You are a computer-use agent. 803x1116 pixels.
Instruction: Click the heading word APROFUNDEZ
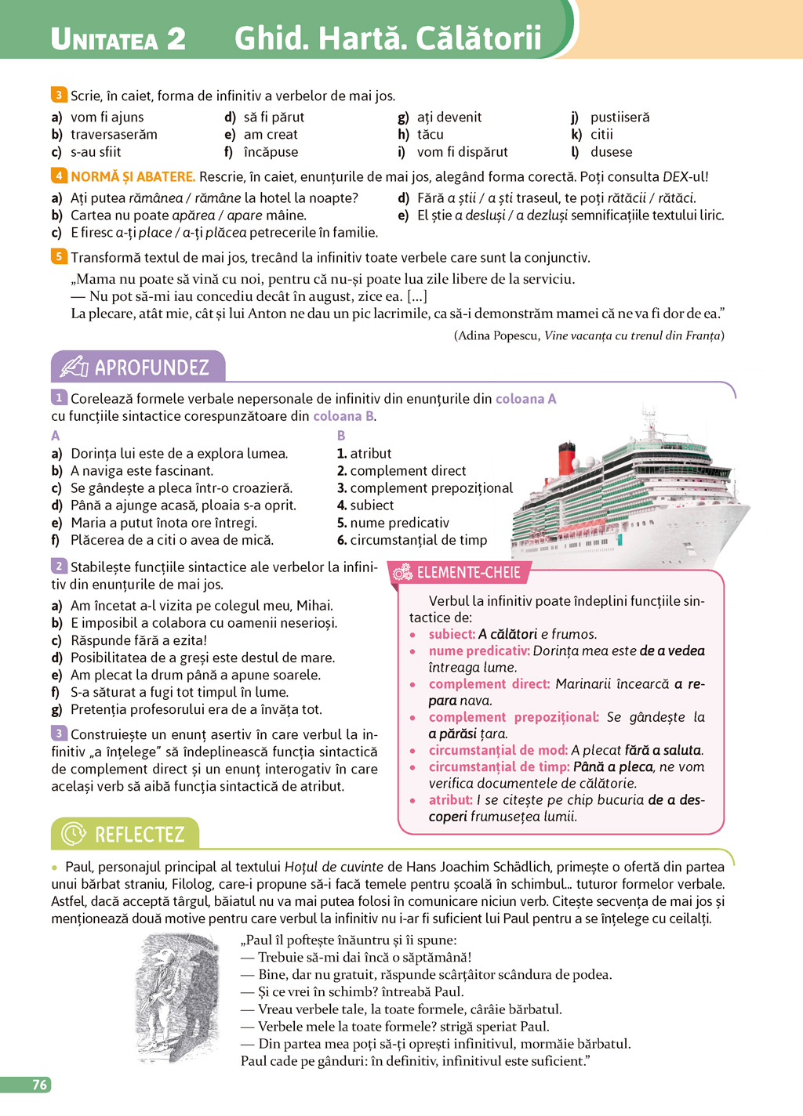tap(152, 368)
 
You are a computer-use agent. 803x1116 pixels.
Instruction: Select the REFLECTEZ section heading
tap(140, 834)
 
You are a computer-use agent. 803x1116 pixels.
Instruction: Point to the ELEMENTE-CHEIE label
tap(468, 572)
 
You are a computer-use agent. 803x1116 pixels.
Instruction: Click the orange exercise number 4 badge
tap(59, 176)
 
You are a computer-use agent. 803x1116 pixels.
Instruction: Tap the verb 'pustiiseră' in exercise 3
tap(620, 117)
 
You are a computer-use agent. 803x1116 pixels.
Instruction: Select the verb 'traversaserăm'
tap(114, 135)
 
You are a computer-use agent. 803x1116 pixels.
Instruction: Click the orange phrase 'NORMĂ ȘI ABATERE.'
tap(133, 176)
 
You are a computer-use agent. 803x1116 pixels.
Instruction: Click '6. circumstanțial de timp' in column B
tap(412, 540)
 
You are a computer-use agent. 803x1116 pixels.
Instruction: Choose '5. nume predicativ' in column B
tap(393, 523)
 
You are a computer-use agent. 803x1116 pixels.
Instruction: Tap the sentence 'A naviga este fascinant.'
tap(142, 471)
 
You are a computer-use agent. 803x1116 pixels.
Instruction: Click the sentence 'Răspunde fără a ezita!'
tap(139, 640)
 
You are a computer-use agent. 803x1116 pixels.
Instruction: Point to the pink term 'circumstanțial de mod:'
tap(498, 750)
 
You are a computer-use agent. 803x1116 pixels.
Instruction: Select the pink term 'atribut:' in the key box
tap(451, 800)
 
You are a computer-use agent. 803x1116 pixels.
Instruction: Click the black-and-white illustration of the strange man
tap(177, 998)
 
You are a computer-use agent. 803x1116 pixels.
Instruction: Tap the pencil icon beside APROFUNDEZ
tap(74, 367)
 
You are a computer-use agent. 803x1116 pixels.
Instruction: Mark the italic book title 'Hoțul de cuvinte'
tap(334, 867)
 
